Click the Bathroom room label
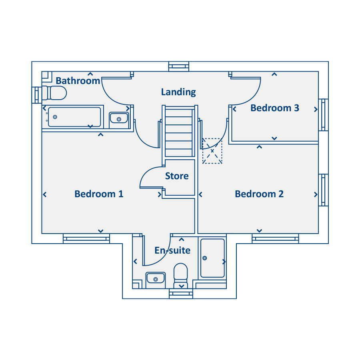tap(78, 81)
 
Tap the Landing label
tap(178, 92)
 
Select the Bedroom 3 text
tap(275, 108)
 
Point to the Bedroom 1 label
tap(99, 194)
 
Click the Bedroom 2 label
tap(259, 194)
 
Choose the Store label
tap(177, 176)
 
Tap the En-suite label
tap(172, 250)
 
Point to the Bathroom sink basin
tap(119, 118)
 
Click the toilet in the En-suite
tap(181, 276)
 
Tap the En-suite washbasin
tap(156, 279)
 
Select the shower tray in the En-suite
tap(212, 258)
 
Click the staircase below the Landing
tap(179, 132)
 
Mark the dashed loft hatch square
tap(212, 151)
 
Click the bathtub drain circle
tap(55, 117)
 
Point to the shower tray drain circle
tap(205, 258)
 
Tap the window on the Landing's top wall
tap(179, 66)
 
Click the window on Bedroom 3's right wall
tap(323, 115)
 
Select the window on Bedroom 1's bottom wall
tap(86, 238)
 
